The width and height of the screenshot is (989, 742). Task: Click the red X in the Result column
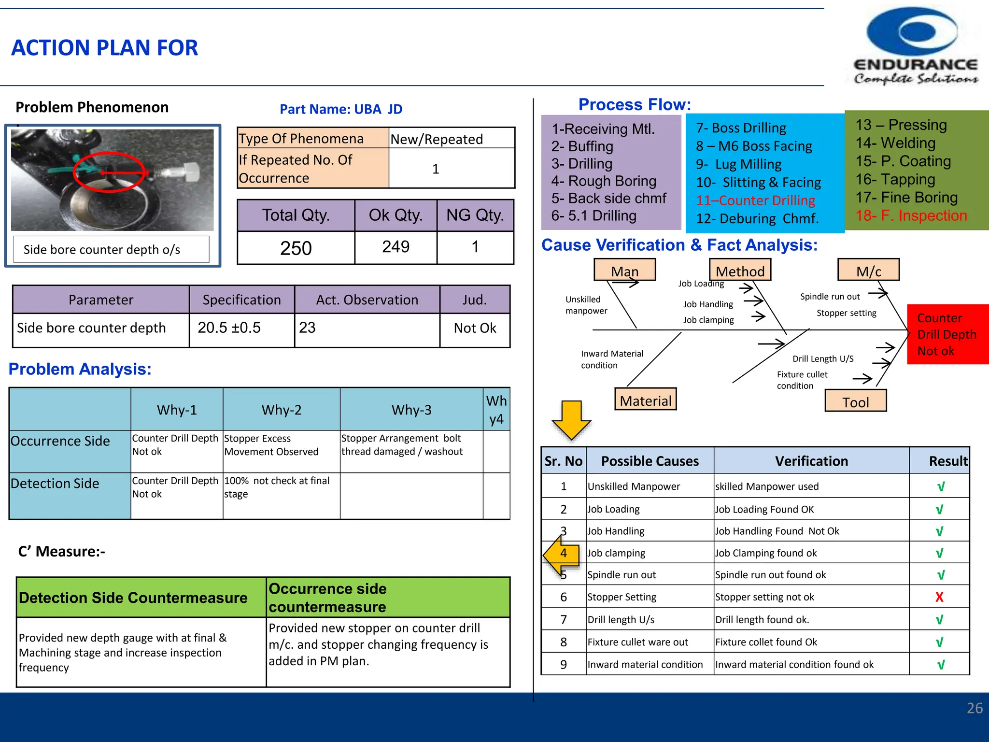point(939,597)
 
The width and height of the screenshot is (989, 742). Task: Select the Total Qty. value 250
point(296,248)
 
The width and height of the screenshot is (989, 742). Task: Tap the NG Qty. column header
point(475,215)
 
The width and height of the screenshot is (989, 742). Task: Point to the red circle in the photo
point(110,171)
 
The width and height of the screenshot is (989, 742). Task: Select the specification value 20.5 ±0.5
point(229,328)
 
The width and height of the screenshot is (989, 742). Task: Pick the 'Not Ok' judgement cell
point(474,328)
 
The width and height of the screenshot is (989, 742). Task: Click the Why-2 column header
point(281,410)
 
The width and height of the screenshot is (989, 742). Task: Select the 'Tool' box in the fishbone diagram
point(855,401)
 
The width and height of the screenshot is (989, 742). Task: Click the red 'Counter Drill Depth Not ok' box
point(947,334)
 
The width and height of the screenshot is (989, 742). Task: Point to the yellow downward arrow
point(571,420)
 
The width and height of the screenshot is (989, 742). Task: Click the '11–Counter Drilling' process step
point(755,200)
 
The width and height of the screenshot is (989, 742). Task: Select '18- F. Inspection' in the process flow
point(911,215)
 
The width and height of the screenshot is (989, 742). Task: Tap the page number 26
point(974,708)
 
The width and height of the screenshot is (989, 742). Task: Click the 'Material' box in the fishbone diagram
point(645,400)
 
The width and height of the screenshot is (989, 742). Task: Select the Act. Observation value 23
point(308,328)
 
